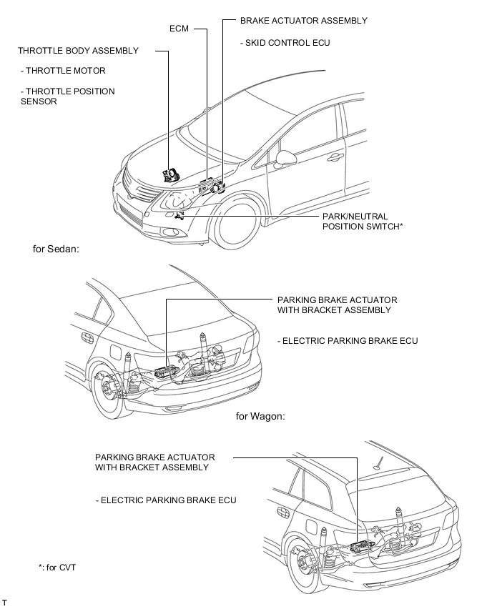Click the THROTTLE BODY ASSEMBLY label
pos(79,51)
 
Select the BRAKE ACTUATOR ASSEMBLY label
pos(303,21)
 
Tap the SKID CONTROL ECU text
pos(285,43)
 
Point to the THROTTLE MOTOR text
pos(64,71)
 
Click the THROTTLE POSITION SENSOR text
pos(68,96)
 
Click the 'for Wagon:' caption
pos(260,415)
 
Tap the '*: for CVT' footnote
pos(57,568)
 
